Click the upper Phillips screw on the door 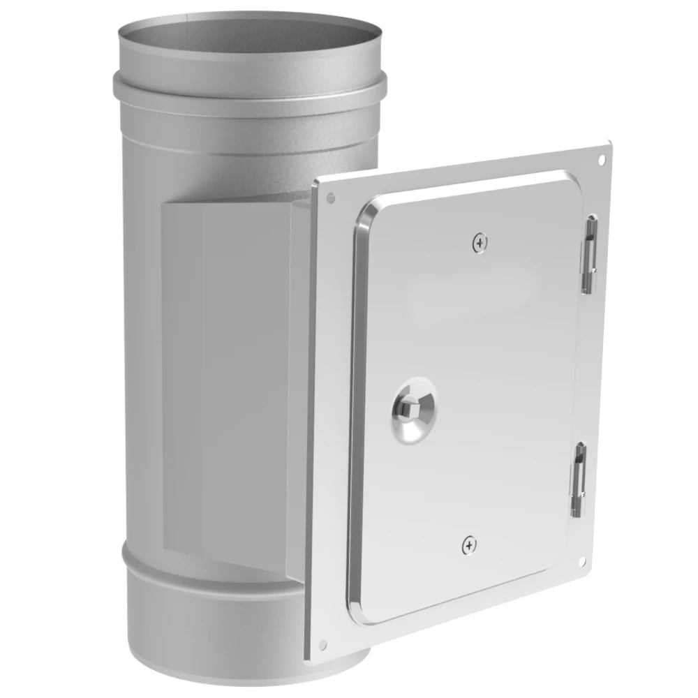tap(480, 243)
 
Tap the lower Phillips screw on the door tap(470, 545)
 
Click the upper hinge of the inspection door tap(590, 255)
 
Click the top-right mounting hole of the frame tap(602, 160)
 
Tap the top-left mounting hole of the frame tap(330, 198)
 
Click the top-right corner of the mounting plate tap(609, 144)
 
